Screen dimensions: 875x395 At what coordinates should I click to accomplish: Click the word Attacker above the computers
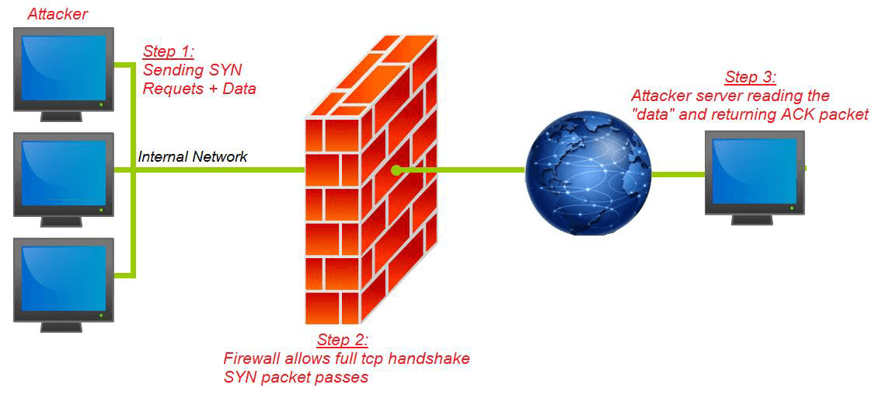(x=58, y=13)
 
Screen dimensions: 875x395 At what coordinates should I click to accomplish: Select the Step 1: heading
(x=169, y=52)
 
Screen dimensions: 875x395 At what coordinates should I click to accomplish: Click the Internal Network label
(x=193, y=156)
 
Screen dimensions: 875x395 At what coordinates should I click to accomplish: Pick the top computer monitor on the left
(x=63, y=75)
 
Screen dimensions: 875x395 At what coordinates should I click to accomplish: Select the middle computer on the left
(x=63, y=180)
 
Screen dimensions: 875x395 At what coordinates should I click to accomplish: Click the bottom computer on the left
(x=63, y=285)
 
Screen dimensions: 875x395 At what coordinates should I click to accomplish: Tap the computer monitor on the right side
(x=754, y=177)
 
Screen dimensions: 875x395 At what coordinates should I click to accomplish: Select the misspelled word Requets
(x=168, y=89)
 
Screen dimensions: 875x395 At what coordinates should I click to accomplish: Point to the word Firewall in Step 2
(x=249, y=358)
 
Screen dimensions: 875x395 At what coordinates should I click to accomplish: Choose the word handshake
(x=432, y=358)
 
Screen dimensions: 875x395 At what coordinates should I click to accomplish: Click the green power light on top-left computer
(x=100, y=104)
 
